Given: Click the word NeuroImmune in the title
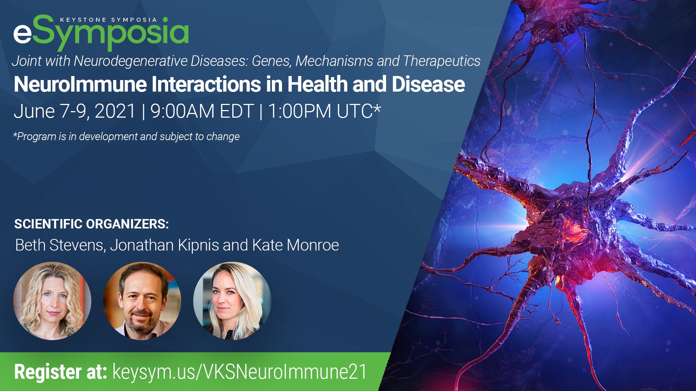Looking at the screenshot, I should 80,84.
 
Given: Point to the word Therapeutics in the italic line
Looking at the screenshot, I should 442,61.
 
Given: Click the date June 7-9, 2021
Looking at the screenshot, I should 74,111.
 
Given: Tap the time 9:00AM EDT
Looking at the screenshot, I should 202,111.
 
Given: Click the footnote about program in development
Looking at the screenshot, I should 127,136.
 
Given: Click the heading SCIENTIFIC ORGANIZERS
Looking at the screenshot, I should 91,224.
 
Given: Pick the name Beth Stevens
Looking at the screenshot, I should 60,245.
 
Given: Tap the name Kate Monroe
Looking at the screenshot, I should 295,245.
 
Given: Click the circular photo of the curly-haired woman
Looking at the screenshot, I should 52,301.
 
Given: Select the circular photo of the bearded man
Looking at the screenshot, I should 142,301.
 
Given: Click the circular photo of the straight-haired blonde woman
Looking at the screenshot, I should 232,301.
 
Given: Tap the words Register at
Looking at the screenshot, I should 60,372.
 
